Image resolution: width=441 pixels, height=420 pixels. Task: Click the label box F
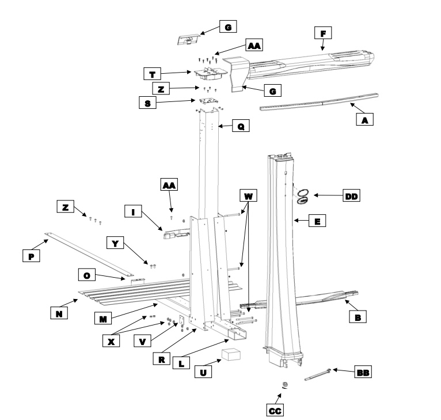323,34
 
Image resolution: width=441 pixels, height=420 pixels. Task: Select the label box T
152,74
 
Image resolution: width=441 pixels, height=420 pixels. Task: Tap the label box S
148,103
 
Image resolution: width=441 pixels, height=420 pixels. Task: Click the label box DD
351,196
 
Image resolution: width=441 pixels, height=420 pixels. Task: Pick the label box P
31,257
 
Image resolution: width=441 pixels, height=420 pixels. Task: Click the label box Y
116,244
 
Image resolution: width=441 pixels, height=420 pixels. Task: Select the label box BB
363,374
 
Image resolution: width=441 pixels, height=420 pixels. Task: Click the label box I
134,211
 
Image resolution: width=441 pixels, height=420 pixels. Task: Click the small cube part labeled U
234,354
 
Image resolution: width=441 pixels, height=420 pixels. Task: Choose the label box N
57,313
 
